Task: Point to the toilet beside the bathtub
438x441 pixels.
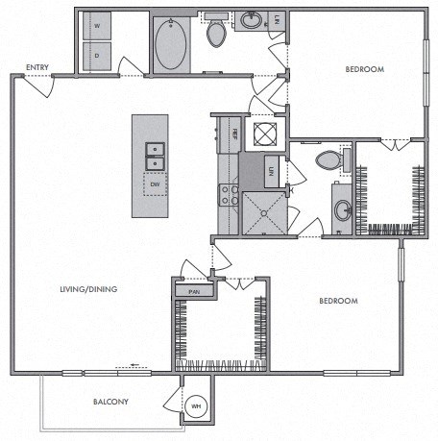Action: (216, 34)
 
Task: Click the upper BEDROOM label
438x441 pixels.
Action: (364, 69)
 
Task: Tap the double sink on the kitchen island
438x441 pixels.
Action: (154, 151)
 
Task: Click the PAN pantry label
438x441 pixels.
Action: (193, 290)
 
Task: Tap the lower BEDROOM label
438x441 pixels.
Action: (337, 301)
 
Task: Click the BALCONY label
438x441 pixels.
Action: (112, 402)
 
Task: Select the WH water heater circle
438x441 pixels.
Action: (199, 405)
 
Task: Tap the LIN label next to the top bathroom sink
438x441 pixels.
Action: (276, 19)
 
